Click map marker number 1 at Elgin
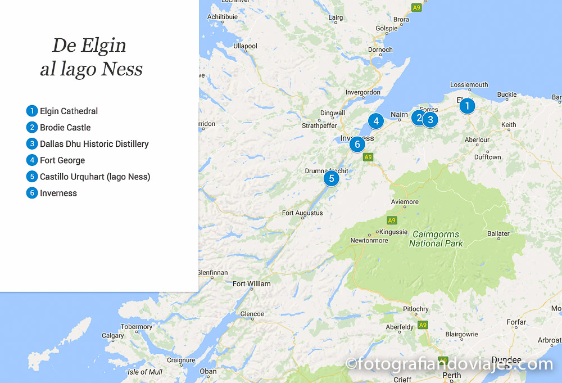466,106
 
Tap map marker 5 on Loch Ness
332,179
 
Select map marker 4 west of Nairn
376,120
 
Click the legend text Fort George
62,160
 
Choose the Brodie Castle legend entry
65,128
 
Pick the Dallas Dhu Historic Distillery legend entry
94,144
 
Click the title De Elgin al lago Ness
90,57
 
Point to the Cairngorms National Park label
436,239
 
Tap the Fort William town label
251,284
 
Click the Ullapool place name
245,46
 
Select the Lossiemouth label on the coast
469,85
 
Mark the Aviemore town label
405,202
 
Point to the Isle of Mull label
145,372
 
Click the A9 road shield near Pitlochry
423,325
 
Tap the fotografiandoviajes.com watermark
450,364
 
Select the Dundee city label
506,360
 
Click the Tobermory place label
137,327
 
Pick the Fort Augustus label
302,213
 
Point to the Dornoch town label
380,49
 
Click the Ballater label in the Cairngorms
498,233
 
